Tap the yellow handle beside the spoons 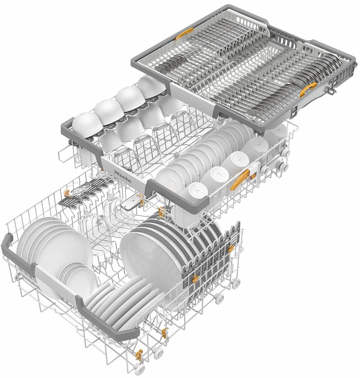[x=308, y=91]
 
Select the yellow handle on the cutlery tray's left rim [x=184, y=33]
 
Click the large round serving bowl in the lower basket [x=148, y=252]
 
